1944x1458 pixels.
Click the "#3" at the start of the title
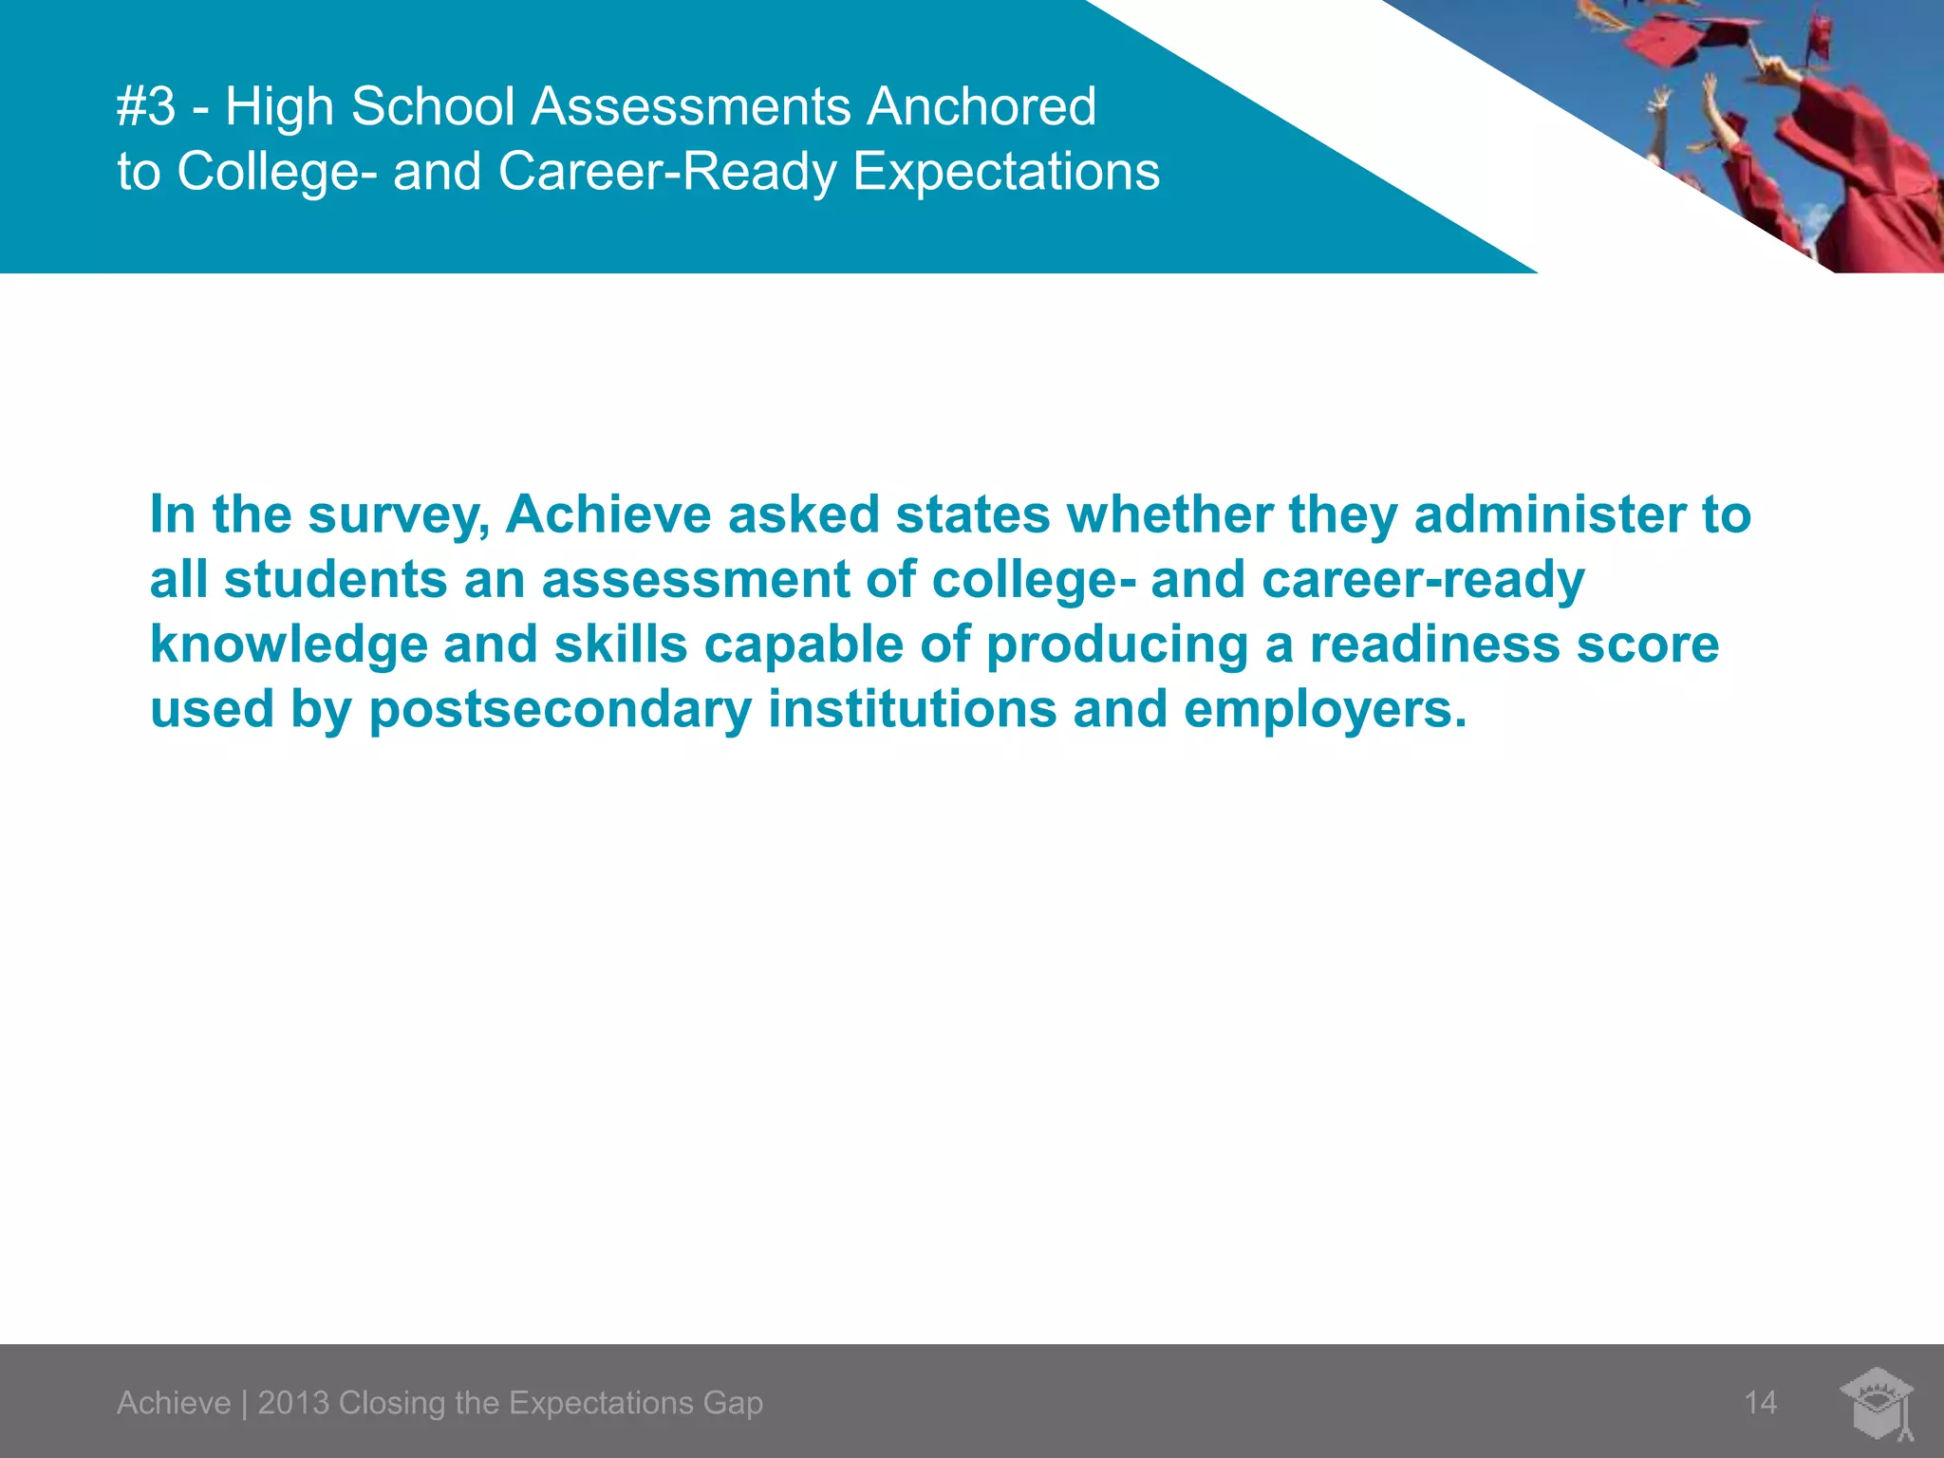[146, 106]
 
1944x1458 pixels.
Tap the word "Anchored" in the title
[981, 106]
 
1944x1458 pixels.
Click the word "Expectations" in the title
[1006, 172]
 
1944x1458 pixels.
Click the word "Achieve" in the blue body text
[607, 514]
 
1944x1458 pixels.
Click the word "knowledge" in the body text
[289, 645]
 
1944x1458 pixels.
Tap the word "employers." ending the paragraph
[1324, 710]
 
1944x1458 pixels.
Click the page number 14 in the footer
[1760, 1403]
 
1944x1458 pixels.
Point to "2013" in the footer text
[293, 1403]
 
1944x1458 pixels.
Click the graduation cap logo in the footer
[1878, 1403]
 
